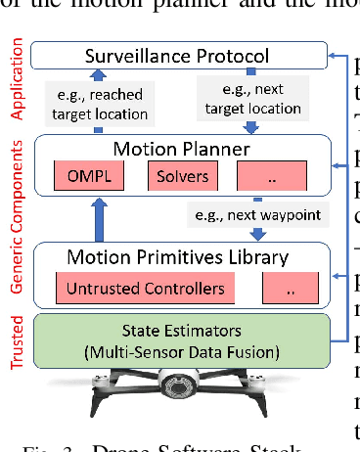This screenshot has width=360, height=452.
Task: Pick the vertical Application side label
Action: coord(15,78)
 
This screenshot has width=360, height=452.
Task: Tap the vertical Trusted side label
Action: coord(15,339)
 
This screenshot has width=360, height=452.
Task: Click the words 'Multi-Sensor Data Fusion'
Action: coord(175,348)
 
